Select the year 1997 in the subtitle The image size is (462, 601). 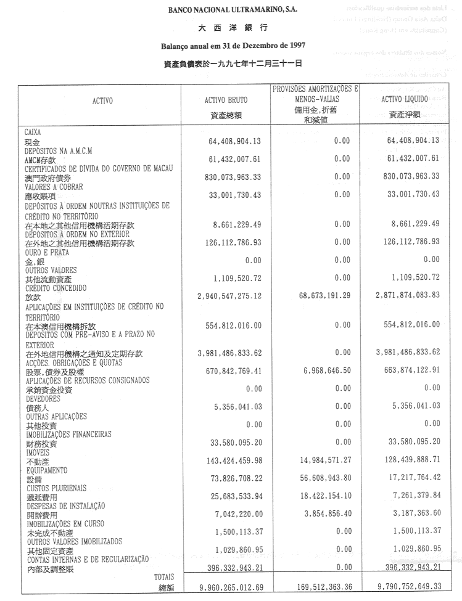[295, 46]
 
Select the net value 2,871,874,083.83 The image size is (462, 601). [407, 296]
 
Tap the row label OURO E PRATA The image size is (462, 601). [47, 252]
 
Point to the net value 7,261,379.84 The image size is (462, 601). [410, 496]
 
